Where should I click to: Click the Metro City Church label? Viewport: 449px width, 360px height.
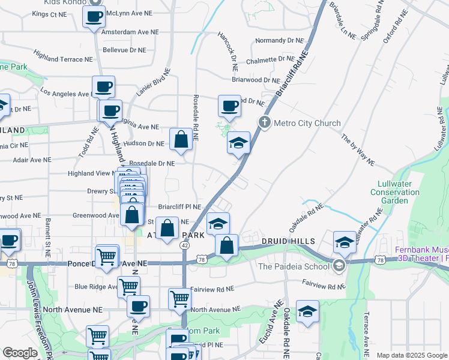(x=307, y=123)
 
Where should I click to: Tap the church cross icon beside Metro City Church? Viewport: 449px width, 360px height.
(x=264, y=122)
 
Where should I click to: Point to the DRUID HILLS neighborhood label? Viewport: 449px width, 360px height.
(x=288, y=241)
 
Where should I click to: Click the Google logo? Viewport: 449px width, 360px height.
(x=20, y=353)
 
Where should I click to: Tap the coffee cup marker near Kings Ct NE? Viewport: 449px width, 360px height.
(x=94, y=17)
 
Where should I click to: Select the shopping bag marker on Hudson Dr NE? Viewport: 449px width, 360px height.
(x=181, y=140)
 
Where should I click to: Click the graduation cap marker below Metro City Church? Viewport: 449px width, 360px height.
(x=238, y=143)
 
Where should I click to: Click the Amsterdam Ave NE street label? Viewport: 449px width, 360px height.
(x=130, y=32)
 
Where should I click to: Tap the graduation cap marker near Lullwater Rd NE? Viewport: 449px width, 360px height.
(x=345, y=242)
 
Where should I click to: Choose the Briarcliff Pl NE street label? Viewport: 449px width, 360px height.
(x=179, y=205)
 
